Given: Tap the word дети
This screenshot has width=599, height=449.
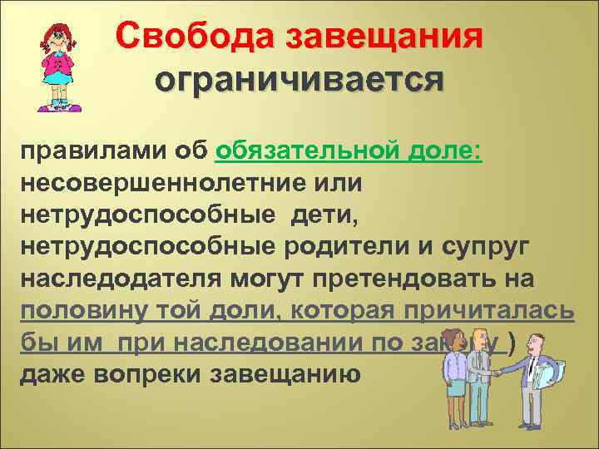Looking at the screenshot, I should click(x=324, y=217).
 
